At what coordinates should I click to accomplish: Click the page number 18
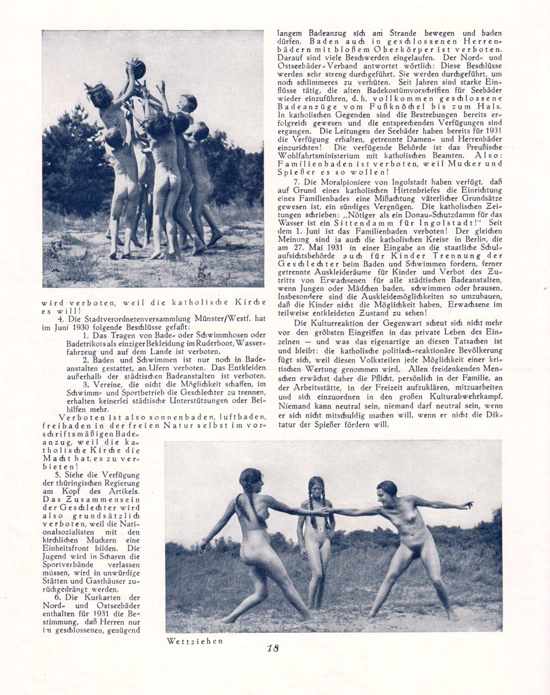(x=273, y=648)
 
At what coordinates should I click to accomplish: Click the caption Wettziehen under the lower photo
(x=194, y=641)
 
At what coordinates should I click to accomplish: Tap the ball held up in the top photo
(x=137, y=69)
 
